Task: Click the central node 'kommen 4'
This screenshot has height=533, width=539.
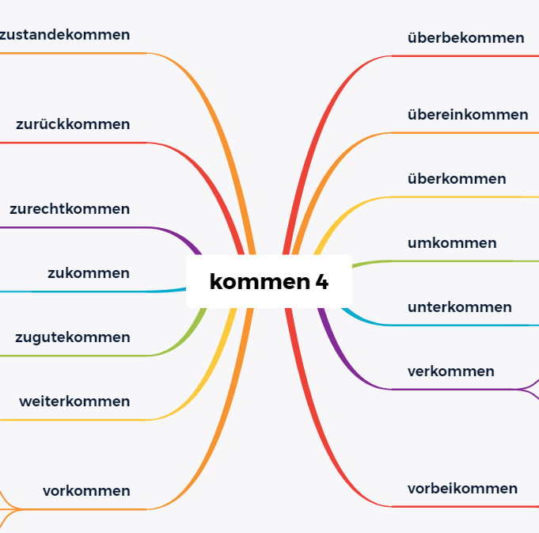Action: [x=268, y=281]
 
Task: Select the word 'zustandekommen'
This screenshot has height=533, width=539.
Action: [x=65, y=35]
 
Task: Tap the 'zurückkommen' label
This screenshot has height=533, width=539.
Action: [x=73, y=124]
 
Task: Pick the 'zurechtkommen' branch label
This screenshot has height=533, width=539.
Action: [x=70, y=209]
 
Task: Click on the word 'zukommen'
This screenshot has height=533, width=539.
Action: [x=89, y=273]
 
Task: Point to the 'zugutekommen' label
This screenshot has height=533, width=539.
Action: [x=73, y=337]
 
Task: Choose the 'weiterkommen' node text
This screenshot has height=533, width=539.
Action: [x=74, y=402]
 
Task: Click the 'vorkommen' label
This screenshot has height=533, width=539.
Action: [x=86, y=491]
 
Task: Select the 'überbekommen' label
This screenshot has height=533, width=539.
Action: [x=465, y=38]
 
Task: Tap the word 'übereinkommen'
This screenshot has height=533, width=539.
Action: [x=468, y=115]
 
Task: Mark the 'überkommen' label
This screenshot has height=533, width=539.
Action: [x=457, y=179]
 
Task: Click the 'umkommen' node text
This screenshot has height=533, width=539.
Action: [x=452, y=243]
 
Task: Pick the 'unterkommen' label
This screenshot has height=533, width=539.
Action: [x=460, y=307]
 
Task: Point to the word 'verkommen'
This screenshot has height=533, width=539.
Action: [x=451, y=371]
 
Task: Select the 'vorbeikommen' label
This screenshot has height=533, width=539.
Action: [x=462, y=489]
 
